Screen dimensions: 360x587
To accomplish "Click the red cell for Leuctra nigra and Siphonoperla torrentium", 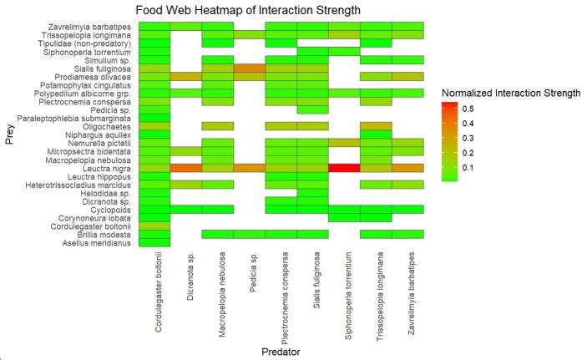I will coord(343,168).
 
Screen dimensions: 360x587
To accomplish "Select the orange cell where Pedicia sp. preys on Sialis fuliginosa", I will coord(249,68).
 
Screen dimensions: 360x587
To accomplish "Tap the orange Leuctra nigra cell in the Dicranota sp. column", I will coord(186,168).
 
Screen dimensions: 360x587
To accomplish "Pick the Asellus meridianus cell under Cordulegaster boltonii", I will coord(154,243).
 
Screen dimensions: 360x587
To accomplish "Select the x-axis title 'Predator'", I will coord(280,352).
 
